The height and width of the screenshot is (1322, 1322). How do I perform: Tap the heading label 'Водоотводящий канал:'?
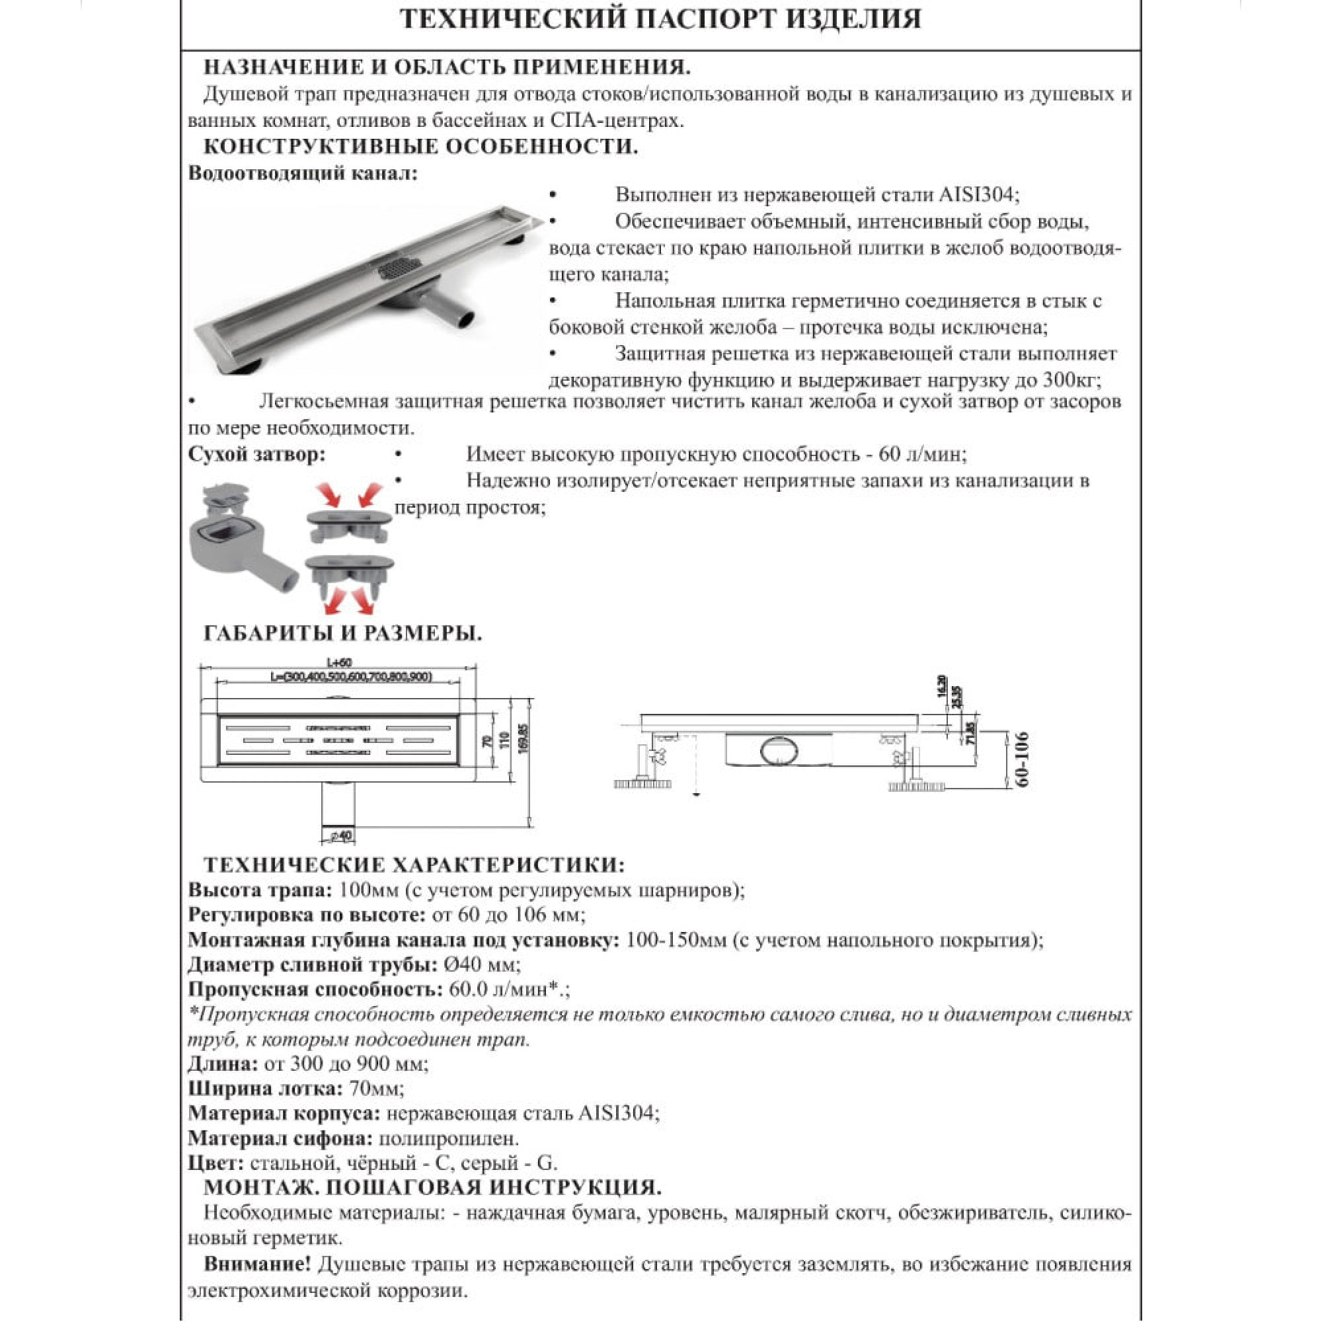coord(303,173)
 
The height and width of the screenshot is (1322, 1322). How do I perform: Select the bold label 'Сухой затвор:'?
coord(256,454)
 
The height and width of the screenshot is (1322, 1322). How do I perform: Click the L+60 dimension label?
coord(338,662)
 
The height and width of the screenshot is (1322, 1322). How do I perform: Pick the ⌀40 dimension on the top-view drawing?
coord(340,836)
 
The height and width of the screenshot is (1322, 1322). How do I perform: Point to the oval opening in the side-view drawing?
coord(781,752)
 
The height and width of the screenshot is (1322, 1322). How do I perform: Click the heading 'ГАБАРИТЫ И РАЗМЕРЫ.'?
coord(343,634)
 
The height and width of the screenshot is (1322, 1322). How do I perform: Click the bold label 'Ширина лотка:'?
coord(266,1088)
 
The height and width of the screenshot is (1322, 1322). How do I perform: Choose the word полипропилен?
coord(448,1139)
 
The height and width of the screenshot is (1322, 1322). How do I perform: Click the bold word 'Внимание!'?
coord(257,1264)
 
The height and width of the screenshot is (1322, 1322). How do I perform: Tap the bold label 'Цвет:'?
coord(215,1163)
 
